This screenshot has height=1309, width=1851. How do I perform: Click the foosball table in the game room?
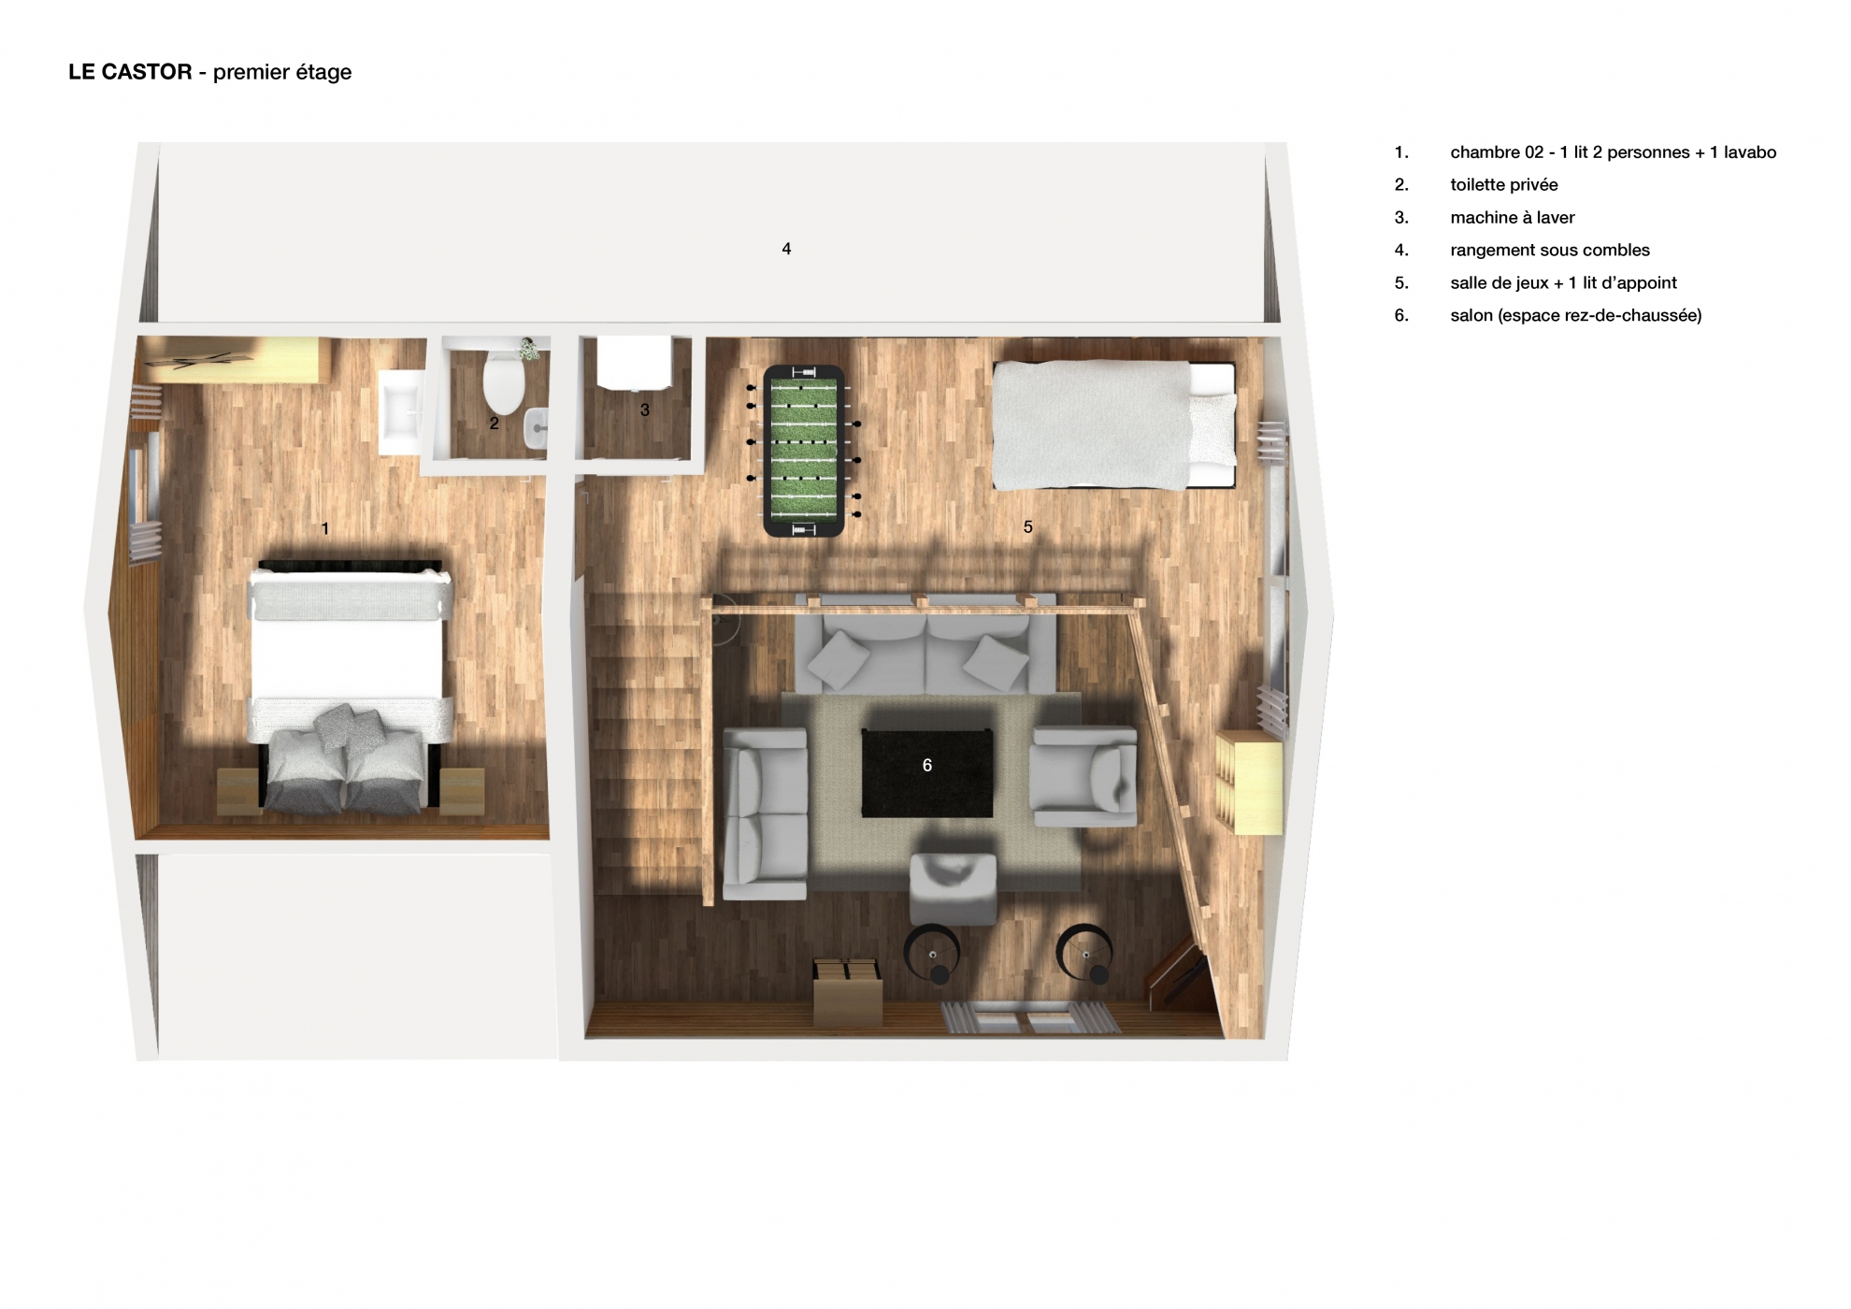804,451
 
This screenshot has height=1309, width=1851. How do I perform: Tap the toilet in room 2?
503,380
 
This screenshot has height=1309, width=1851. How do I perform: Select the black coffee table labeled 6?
926,773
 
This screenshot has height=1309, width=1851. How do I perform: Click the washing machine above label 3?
634,363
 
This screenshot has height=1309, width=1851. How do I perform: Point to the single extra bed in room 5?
1113,424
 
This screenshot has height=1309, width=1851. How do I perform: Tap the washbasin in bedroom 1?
401,411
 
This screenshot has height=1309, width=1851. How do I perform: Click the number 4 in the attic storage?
786,249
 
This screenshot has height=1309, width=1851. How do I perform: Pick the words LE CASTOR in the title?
130,72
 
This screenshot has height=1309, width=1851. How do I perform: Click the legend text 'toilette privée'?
1504,185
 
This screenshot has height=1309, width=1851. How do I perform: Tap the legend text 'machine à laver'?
1513,218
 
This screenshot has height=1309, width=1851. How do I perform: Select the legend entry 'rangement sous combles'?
1550,251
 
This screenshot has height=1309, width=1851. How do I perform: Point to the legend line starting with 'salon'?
1576,316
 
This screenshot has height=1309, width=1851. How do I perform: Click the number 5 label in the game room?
1028,527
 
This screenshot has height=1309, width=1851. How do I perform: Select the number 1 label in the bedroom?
325,529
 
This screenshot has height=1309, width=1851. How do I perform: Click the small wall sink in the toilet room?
537,428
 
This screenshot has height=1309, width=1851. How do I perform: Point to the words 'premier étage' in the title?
282,73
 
